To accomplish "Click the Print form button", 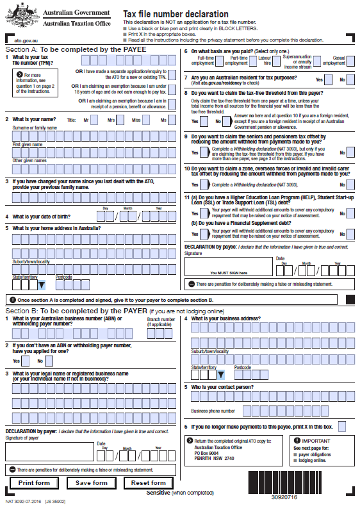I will tap(34, 482).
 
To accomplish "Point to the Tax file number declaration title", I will tap(176, 13).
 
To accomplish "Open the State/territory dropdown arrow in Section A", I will tap(42, 284).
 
